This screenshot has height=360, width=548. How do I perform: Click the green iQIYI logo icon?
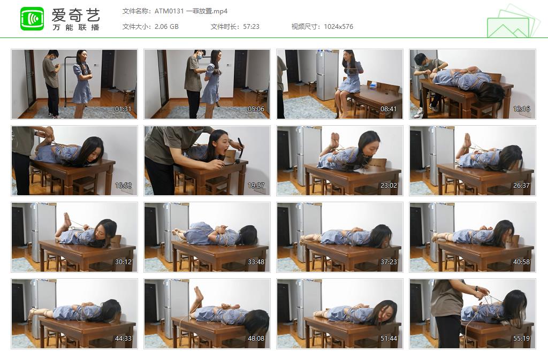[32, 19]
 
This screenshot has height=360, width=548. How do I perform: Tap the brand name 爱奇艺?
[76, 15]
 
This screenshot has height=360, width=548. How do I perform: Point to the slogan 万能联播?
[76, 27]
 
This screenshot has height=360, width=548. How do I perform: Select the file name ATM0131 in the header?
[169, 11]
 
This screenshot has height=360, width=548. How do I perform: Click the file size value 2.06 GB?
[166, 27]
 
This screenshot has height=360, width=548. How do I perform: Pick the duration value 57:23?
[252, 27]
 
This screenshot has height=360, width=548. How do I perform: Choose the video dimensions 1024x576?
[338, 27]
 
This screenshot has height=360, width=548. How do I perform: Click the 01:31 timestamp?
[123, 109]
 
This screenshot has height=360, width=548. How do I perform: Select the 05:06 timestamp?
[256, 109]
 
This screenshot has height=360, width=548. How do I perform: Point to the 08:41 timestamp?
[389, 109]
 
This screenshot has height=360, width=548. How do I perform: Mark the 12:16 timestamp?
[521, 109]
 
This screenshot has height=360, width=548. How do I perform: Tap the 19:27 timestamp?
[256, 186]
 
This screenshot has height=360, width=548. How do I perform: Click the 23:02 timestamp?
[389, 186]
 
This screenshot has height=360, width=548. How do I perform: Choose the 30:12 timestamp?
[123, 262]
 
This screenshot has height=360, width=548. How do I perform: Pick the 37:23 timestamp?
[389, 262]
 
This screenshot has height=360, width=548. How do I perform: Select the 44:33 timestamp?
[123, 339]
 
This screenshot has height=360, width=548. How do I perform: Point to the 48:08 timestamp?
[256, 339]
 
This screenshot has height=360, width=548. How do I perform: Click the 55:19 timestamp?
[521, 339]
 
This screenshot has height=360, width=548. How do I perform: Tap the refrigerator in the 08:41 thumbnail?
[327, 75]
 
